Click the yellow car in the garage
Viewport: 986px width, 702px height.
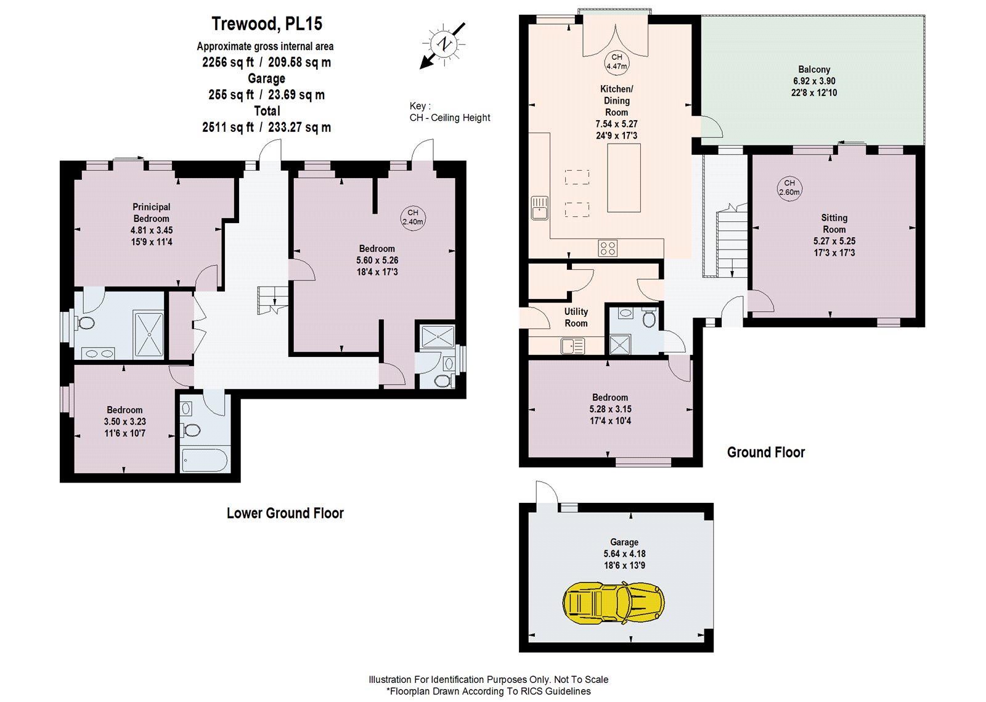point(614,603)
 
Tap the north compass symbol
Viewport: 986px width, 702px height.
point(443,44)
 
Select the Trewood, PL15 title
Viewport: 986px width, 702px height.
point(267,24)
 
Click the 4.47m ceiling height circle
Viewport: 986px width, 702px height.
point(616,62)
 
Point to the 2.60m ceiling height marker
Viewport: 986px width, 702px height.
point(789,187)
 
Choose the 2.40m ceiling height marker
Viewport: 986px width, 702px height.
point(413,217)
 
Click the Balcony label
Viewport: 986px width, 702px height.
point(814,70)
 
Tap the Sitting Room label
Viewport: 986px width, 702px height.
point(834,223)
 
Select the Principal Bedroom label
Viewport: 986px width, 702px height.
point(151,213)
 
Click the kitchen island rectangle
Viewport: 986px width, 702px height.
point(624,178)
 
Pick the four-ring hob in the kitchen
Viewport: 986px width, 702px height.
point(607,248)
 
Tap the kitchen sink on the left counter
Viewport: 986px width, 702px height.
point(539,207)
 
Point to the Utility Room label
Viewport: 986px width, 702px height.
point(576,317)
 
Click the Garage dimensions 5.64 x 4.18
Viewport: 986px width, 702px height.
point(624,553)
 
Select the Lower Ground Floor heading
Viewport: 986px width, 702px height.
point(285,513)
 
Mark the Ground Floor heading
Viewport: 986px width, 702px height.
point(765,452)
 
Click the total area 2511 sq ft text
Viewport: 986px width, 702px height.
point(266,128)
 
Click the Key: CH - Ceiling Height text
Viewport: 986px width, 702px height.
point(450,112)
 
